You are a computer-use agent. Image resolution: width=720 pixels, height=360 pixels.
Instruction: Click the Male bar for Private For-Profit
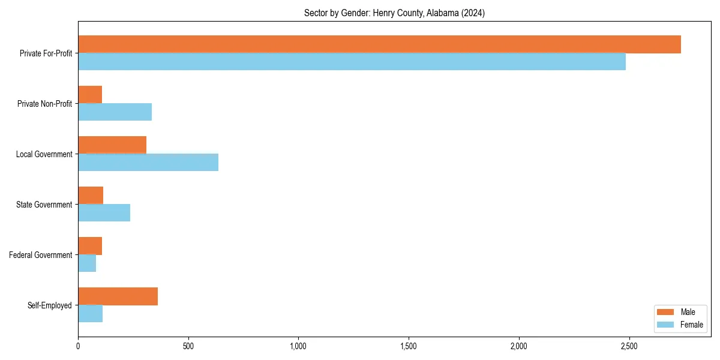(379, 44)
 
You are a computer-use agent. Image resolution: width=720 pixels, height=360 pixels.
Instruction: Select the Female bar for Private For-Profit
(352, 62)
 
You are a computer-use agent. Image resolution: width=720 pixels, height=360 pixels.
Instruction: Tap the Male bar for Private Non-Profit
(90, 95)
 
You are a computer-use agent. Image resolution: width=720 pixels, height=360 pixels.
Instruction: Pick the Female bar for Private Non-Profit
(115, 112)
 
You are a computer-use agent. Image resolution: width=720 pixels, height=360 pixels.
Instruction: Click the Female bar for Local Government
(148, 163)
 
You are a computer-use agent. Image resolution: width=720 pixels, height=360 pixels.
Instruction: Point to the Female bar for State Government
(104, 213)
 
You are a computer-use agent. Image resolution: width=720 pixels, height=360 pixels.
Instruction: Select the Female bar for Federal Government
(87, 263)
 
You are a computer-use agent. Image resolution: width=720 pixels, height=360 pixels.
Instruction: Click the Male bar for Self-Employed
(118, 296)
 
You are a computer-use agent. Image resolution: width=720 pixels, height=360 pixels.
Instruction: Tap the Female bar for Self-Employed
(90, 314)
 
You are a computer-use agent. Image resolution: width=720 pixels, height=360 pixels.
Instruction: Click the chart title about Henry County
(394, 13)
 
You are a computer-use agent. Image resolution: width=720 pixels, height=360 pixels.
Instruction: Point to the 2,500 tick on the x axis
(629, 346)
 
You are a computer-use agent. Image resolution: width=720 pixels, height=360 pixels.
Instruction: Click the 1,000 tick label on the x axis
(298, 346)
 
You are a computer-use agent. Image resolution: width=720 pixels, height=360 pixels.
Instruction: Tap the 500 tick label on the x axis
(188, 346)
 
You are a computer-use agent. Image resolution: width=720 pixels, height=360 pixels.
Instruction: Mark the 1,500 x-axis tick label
(409, 346)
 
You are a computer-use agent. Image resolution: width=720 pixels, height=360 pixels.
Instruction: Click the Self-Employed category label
(50, 305)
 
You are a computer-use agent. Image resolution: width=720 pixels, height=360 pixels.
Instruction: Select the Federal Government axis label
(41, 255)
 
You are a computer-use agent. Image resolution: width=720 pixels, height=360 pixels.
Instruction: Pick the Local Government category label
(44, 154)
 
